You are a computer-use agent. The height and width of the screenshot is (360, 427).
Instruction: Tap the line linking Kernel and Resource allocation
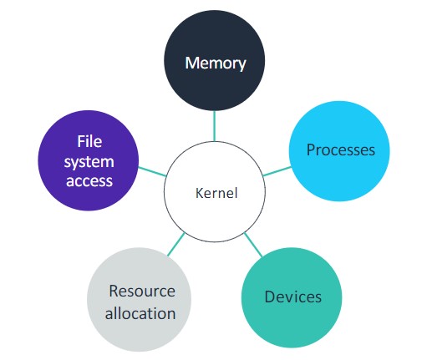tap(175, 245)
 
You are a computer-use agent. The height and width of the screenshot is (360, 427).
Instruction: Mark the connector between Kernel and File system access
tap(152, 172)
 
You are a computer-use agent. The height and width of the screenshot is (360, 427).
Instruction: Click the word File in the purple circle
tap(89, 141)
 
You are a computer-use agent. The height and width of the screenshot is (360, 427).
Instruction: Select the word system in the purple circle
tap(89, 160)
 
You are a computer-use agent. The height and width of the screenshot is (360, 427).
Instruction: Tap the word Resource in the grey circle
tap(142, 291)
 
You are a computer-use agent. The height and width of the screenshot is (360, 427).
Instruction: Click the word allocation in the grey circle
tap(142, 313)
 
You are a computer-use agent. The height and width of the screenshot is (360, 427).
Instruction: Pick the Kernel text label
tap(216, 194)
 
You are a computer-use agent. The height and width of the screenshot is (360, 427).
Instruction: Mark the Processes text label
tap(341, 150)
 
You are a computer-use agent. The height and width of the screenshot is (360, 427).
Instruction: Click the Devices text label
tap(292, 297)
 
